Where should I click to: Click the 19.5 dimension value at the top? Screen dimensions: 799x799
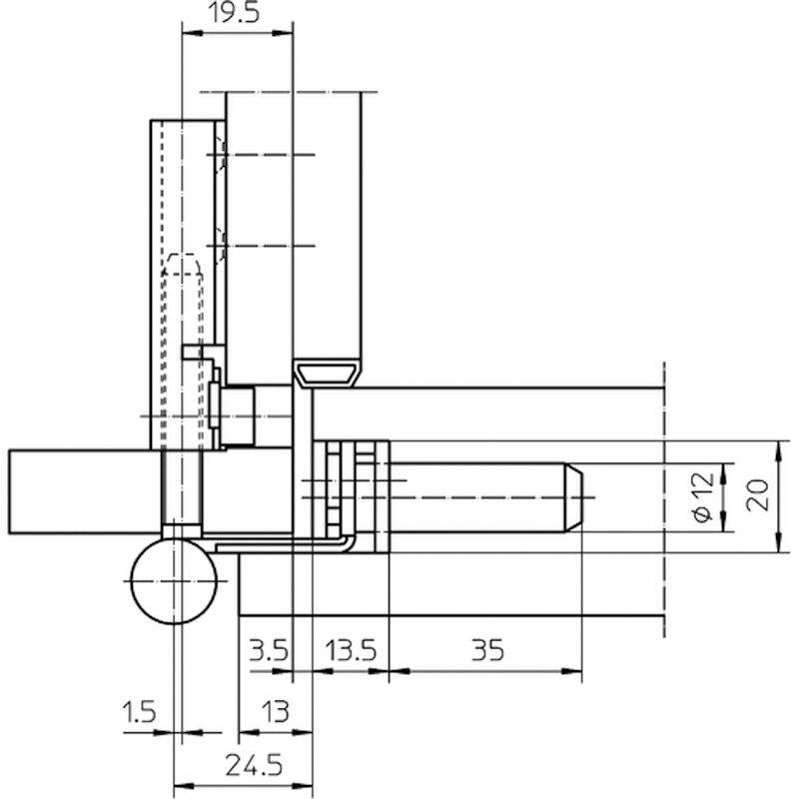click(x=235, y=13)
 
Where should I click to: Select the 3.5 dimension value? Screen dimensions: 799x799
click(x=269, y=651)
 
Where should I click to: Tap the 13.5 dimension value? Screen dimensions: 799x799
click(x=352, y=651)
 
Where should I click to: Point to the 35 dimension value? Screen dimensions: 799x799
click(x=487, y=650)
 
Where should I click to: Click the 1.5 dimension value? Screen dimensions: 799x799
click(x=139, y=711)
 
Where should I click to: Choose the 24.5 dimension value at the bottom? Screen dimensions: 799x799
click(x=254, y=766)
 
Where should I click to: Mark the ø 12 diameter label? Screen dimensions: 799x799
click(x=703, y=497)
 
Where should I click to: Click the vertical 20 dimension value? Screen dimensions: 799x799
click(x=757, y=494)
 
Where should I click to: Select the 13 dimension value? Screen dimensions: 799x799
click(x=276, y=711)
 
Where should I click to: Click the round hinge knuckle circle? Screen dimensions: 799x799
click(x=174, y=581)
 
